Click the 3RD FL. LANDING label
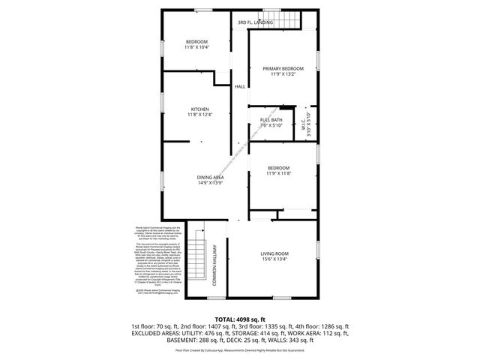pos(255,23)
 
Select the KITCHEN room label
pos(199,109)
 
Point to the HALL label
pos(240,87)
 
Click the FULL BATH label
pos(271,120)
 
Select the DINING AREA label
pos(211,177)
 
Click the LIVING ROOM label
pos(274,254)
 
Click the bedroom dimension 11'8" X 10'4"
pos(197,47)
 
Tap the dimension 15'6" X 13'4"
pos(274,260)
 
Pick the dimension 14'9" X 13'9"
pos(211,183)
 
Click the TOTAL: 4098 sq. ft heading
pos(239,319)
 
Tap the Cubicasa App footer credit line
pos(239,350)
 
